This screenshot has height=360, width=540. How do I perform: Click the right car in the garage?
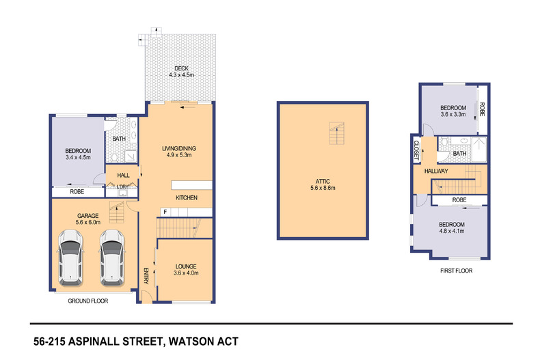[x=111, y=258]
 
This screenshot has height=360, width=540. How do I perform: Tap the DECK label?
[x=181, y=68]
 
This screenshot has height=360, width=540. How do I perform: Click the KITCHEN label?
[x=187, y=197]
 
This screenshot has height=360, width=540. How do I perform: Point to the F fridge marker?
[x=165, y=212]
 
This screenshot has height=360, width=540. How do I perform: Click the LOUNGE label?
[x=186, y=266]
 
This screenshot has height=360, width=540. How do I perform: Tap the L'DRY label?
[x=123, y=186]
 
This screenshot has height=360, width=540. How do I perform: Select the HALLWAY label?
[x=436, y=170]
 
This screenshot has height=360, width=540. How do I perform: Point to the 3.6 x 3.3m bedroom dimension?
[x=453, y=115]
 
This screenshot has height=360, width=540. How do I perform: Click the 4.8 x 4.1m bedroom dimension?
[x=452, y=232]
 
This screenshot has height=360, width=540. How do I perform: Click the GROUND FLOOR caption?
[x=87, y=301]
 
